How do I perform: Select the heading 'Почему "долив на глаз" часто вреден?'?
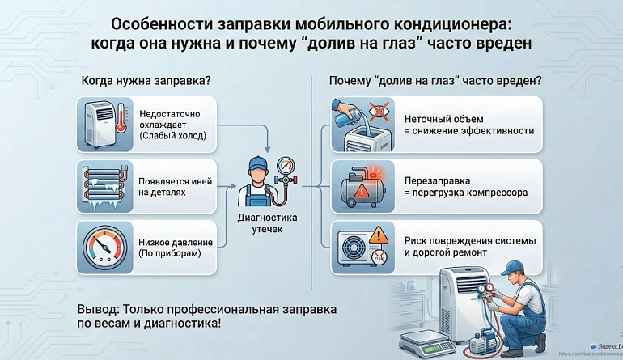[x=435, y=81]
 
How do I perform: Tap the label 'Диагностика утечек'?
[x=268, y=224]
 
